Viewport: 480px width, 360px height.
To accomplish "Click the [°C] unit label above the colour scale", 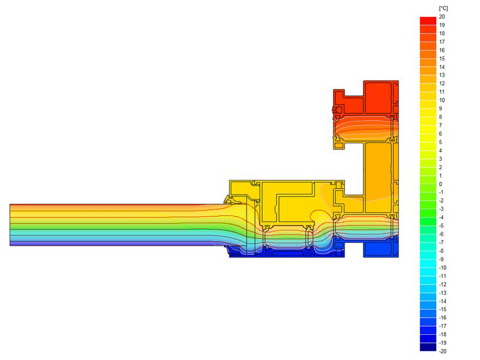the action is pyautogui.click(x=443, y=8).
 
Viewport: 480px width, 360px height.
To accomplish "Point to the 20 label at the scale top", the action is pyautogui.click(x=442, y=17).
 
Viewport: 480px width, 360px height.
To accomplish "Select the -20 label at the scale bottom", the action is pyautogui.click(x=443, y=351).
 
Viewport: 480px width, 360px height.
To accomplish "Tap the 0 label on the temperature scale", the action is pyautogui.click(x=440, y=184).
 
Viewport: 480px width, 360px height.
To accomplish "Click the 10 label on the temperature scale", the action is pyautogui.click(x=442, y=100).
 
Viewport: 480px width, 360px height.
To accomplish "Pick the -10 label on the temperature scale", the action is pyautogui.click(x=443, y=268).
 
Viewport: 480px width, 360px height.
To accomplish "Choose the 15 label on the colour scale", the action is pyautogui.click(x=442, y=58).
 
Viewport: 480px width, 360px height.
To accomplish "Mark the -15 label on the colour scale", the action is pyautogui.click(x=443, y=309).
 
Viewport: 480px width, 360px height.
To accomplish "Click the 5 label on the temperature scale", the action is pyautogui.click(x=440, y=142).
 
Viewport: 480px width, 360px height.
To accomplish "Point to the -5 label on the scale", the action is pyautogui.click(x=442, y=226).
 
